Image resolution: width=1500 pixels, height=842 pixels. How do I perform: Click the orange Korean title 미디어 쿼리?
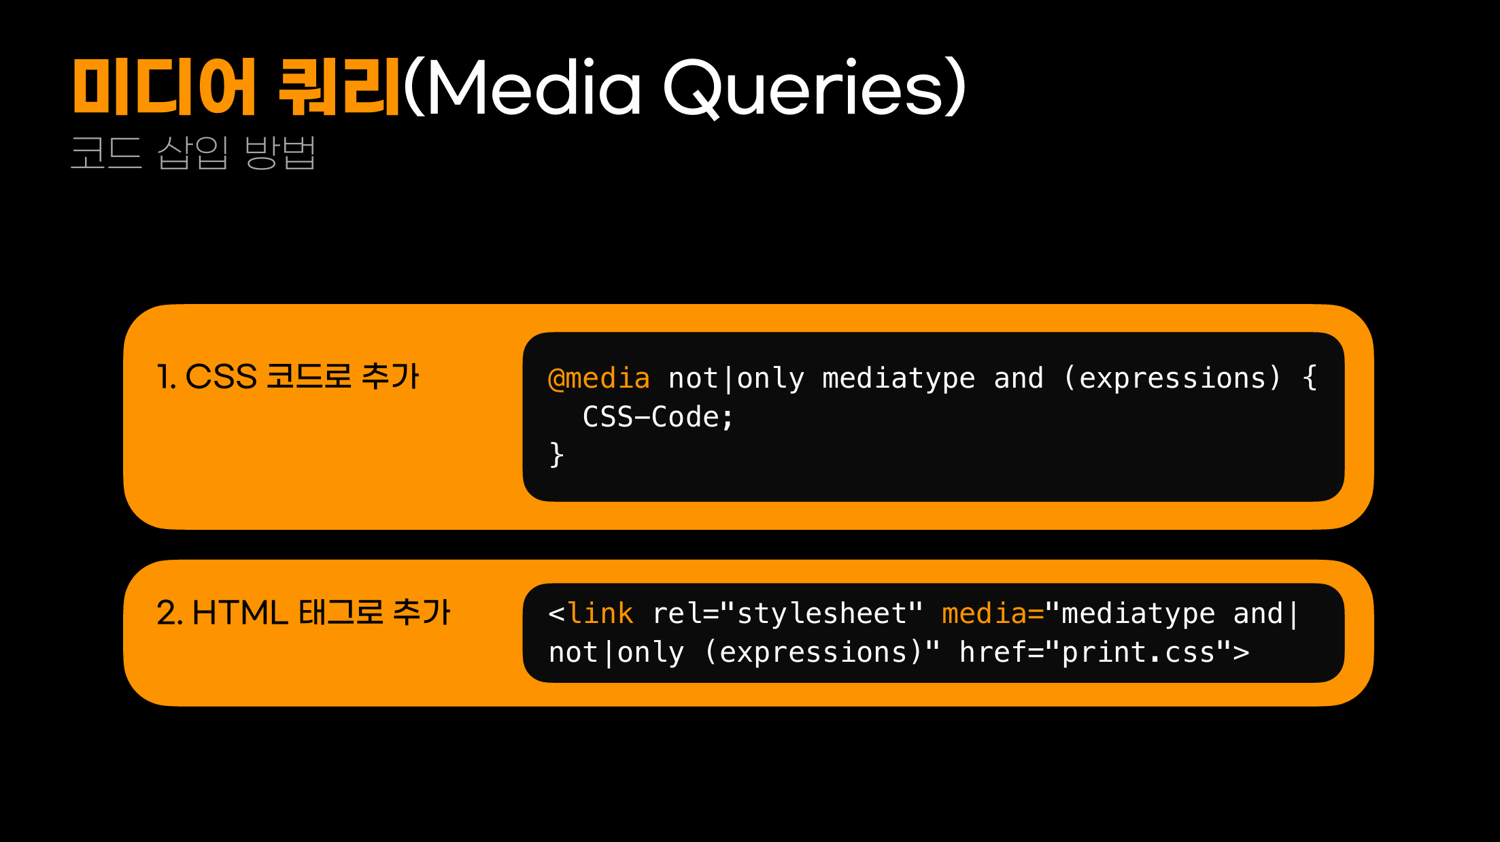coord(236,87)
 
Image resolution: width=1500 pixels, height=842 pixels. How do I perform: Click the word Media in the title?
coord(534,87)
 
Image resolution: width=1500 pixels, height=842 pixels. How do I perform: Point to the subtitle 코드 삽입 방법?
coord(193,152)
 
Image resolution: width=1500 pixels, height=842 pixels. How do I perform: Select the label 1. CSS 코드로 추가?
coord(288,376)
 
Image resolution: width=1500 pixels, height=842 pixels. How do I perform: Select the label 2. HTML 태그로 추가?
coord(303,612)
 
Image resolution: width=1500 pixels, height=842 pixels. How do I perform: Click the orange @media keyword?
coord(598,378)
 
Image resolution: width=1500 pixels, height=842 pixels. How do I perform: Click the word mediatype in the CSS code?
coord(898,379)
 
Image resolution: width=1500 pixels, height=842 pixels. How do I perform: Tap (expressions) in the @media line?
coord(1172,378)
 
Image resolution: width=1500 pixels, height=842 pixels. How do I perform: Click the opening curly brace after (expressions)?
coord(1310,378)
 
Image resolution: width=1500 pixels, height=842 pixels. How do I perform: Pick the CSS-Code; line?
coord(658,417)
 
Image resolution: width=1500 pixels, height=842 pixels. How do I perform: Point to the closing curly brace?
coord(556,454)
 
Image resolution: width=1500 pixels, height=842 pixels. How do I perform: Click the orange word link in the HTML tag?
coord(600,613)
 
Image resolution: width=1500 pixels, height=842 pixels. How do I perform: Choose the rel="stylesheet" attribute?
coord(787,613)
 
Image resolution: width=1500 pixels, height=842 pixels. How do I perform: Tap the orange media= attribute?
coord(992,613)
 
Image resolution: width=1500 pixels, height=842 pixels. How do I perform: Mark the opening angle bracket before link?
coord(556,614)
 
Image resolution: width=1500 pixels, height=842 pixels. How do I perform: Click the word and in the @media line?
coord(1018,378)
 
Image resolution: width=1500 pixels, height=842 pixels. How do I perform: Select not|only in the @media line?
coord(736,379)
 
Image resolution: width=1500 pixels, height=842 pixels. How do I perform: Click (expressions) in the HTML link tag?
coord(813,652)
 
